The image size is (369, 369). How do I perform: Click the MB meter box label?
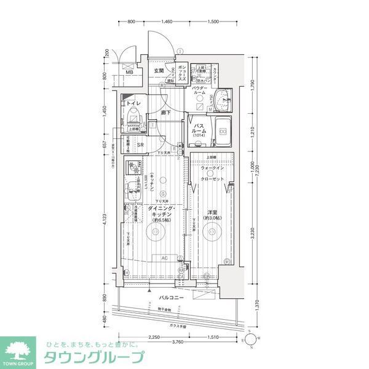[x=129, y=72]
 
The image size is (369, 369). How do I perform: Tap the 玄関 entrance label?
[x=159, y=71]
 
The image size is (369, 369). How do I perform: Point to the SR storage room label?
[x=140, y=145]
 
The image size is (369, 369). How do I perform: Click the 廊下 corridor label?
[x=165, y=113]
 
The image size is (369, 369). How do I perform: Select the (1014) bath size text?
[x=199, y=135]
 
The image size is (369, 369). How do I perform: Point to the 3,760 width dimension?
[x=178, y=341]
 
